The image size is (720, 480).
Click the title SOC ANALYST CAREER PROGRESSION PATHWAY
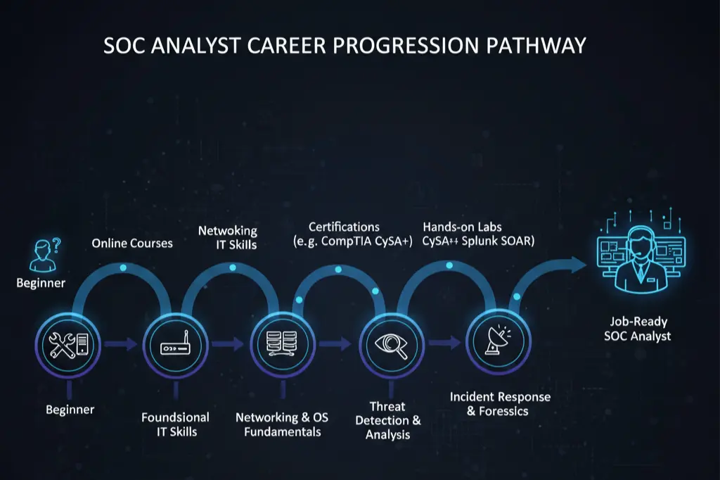tap(345, 45)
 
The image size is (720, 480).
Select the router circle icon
tap(175, 345)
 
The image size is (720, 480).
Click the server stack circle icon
tap(282, 344)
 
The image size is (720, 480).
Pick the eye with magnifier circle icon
tap(390, 344)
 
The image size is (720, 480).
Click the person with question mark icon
tap(44, 254)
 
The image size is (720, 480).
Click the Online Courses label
tap(132, 244)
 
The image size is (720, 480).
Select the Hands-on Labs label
tap(478, 234)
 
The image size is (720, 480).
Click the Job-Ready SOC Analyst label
tap(637, 329)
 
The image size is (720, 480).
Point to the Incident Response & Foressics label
tap(500, 404)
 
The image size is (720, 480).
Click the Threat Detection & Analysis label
tap(387, 420)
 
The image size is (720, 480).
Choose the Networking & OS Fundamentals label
tap(282, 424)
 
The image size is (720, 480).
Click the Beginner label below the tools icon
tap(70, 409)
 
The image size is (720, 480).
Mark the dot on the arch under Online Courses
tap(123, 268)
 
